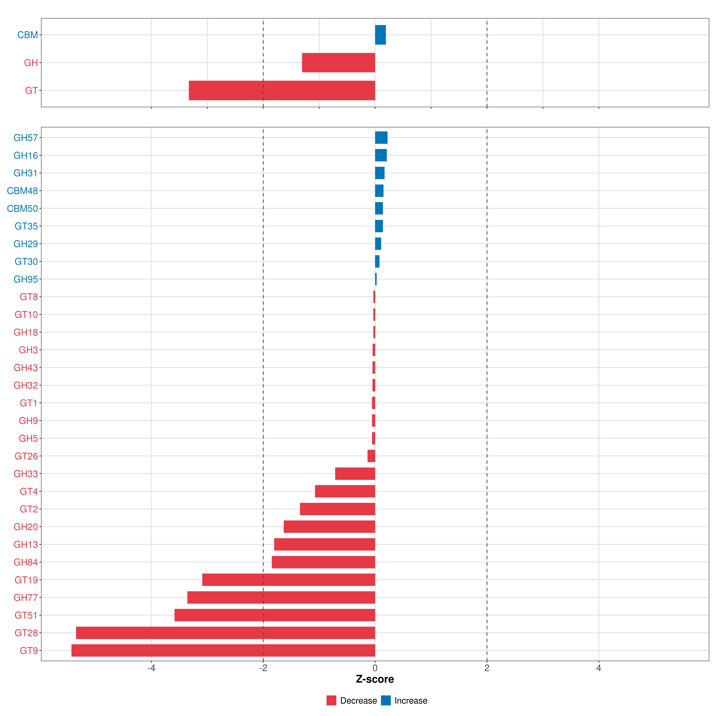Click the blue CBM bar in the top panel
click(x=380, y=35)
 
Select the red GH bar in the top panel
click(x=338, y=63)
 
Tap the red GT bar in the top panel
click(x=282, y=90)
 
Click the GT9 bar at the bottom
click(x=223, y=650)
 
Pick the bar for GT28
click(x=225, y=633)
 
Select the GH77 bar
click(x=281, y=597)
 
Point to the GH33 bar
click(x=355, y=474)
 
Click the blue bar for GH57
click(x=381, y=138)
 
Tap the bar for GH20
click(x=330, y=527)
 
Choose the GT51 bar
click(x=275, y=615)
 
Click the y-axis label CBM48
click(x=22, y=191)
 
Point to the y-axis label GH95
click(x=26, y=279)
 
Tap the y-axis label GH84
click(x=26, y=562)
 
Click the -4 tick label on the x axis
click(x=151, y=668)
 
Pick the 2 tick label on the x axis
click(x=487, y=668)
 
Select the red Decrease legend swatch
click(x=331, y=700)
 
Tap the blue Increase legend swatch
click(x=386, y=700)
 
